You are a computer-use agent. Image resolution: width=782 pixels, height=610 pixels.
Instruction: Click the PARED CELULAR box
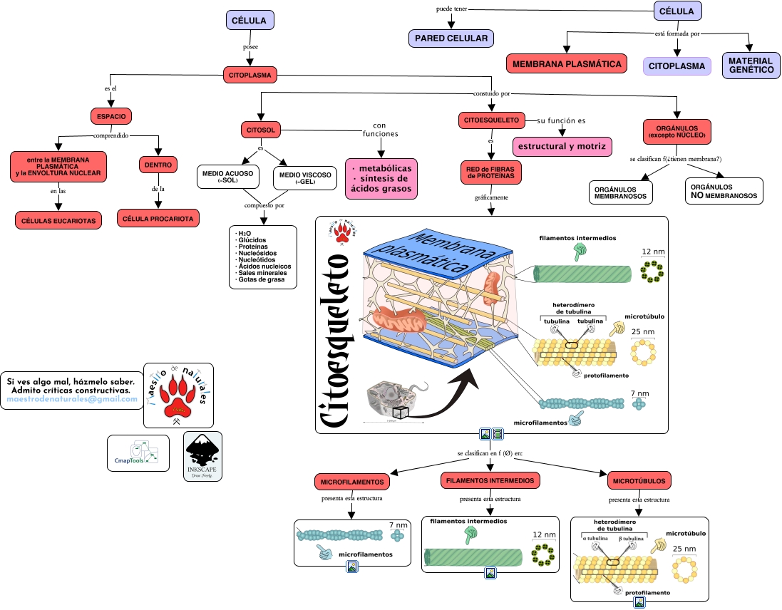click(x=451, y=38)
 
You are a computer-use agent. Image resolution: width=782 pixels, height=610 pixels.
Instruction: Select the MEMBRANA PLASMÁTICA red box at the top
click(x=567, y=63)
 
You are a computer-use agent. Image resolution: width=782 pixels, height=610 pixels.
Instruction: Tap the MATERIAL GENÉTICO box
click(x=751, y=66)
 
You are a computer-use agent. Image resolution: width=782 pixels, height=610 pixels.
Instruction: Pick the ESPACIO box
click(x=111, y=116)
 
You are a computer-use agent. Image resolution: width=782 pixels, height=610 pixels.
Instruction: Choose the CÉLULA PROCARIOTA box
click(x=158, y=218)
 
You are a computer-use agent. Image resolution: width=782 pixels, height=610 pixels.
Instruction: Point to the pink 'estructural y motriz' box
click(x=562, y=146)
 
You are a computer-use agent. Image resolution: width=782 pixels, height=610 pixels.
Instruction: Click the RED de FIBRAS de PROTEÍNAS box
click(x=490, y=172)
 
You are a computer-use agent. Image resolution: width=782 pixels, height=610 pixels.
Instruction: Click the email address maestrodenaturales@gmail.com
click(x=71, y=400)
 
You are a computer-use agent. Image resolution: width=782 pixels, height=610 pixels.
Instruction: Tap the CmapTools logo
click(x=138, y=453)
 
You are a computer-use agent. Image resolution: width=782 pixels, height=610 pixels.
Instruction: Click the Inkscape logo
click(x=202, y=456)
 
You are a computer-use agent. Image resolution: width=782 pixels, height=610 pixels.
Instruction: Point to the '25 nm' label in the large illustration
click(x=643, y=332)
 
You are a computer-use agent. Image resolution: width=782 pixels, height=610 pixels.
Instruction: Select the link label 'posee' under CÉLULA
click(x=250, y=47)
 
